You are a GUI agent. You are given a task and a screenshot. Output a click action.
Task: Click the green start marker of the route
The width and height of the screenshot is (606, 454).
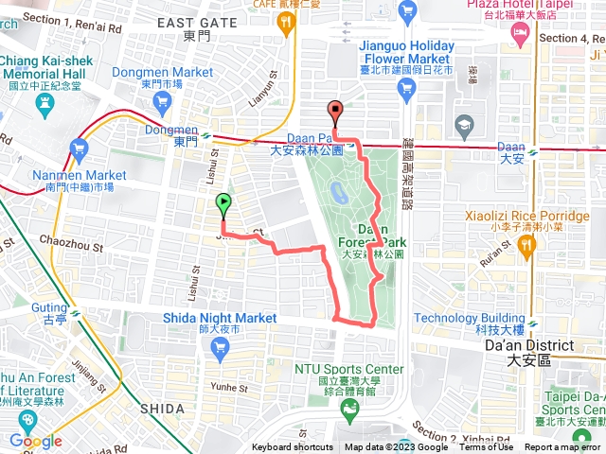pos(223,202)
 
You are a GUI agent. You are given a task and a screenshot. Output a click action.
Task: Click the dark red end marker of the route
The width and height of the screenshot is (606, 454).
pos(335,111)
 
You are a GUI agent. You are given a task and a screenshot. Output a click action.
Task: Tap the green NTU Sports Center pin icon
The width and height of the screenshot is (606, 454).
pos(351,408)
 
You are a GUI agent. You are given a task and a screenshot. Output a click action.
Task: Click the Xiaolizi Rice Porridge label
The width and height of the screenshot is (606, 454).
pos(515,216)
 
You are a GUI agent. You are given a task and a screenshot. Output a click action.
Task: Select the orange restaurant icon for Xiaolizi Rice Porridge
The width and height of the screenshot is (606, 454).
pos(526,244)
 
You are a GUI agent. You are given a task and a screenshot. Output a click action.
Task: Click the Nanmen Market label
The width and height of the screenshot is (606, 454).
pos(78,176)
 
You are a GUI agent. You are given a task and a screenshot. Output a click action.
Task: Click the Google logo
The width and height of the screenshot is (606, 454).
pos(35,442)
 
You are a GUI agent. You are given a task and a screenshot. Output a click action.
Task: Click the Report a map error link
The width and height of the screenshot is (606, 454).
pos(564,447)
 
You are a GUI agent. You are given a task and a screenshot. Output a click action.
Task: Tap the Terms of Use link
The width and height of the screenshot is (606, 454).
pos(487,447)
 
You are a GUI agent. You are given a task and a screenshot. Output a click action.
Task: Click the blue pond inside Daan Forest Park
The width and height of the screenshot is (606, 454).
pos(338,194)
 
